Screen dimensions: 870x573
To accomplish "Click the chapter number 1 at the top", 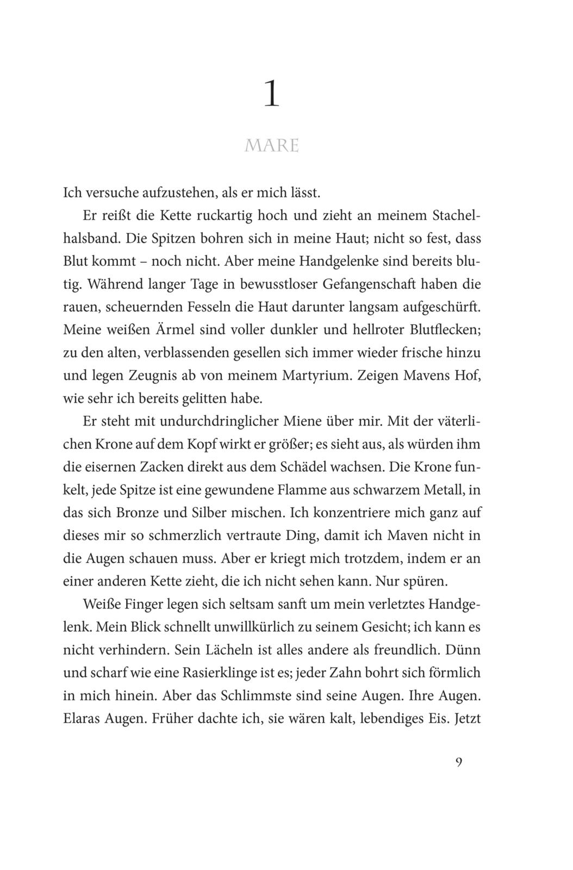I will coord(271,94).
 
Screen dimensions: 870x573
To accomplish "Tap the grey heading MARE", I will coord(272,146).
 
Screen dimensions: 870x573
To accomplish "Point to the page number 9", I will coord(458,762).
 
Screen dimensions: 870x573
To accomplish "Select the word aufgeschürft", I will coord(441,307).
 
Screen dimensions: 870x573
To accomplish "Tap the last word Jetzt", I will coord(467,719).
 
